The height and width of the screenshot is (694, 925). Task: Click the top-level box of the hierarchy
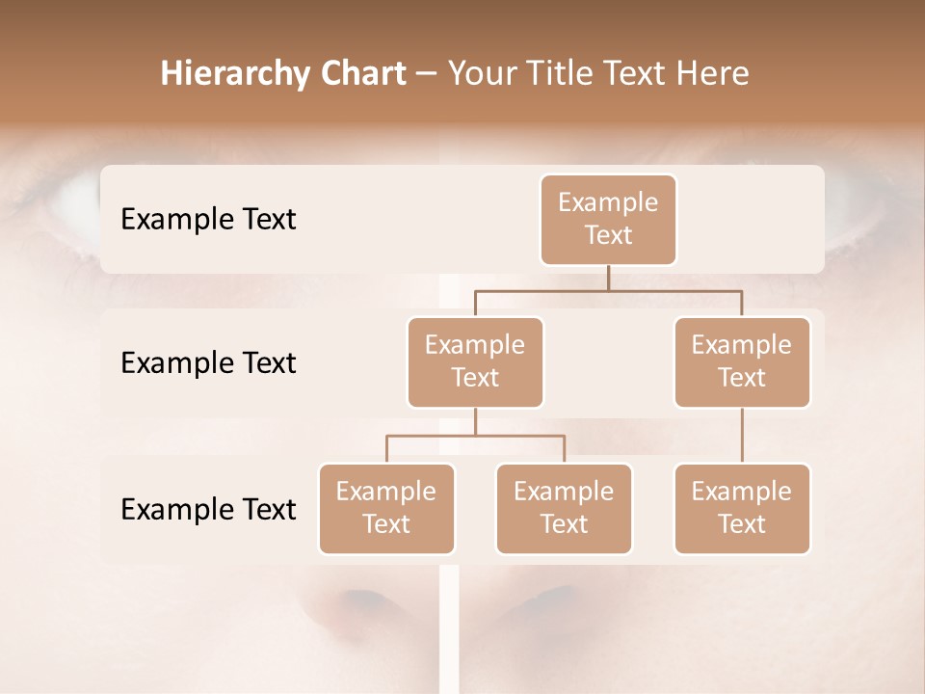[608, 220]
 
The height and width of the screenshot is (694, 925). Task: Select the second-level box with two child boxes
[475, 362]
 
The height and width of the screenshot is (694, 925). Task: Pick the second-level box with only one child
[742, 362]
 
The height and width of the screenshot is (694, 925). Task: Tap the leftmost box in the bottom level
[386, 509]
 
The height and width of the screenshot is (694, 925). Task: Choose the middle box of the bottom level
[564, 509]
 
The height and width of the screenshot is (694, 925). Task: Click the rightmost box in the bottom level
[742, 509]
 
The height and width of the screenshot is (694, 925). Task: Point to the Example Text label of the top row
[208, 220]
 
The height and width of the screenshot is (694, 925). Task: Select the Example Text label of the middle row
[208, 363]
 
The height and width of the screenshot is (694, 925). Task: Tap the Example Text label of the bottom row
[208, 509]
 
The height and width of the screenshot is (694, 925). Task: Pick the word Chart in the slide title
[363, 74]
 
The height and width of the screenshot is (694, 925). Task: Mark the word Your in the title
[481, 74]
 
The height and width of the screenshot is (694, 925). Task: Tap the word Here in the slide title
[713, 74]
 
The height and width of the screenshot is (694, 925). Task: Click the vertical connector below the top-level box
[608, 278]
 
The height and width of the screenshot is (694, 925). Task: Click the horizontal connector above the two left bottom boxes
[475, 436]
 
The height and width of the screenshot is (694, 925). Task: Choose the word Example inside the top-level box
[608, 202]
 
